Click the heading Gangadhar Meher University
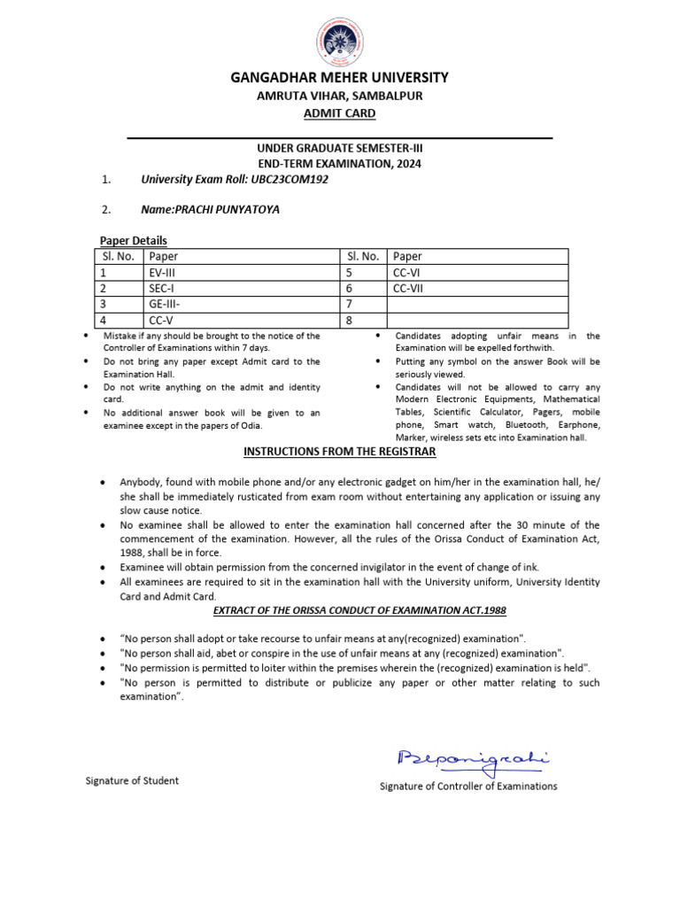click(x=340, y=78)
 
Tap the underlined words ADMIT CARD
click(x=340, y=113)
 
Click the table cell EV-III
click(x=163, y=273)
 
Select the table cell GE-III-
click(x=165, y=305)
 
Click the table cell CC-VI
click(x=407, y=273)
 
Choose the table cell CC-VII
click(x=409, y=289)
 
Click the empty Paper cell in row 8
click(x=476, y=321)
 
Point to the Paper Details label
click(x=133, y=241)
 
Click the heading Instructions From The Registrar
click(x=340, y=452)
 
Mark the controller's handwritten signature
click(x=473, y=760)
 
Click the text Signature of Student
click(x=132, y=780)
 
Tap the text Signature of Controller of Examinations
click(x=468, y=786)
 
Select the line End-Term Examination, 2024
click(x=340, y=164)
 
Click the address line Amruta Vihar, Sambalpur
click(x=340, y=96)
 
